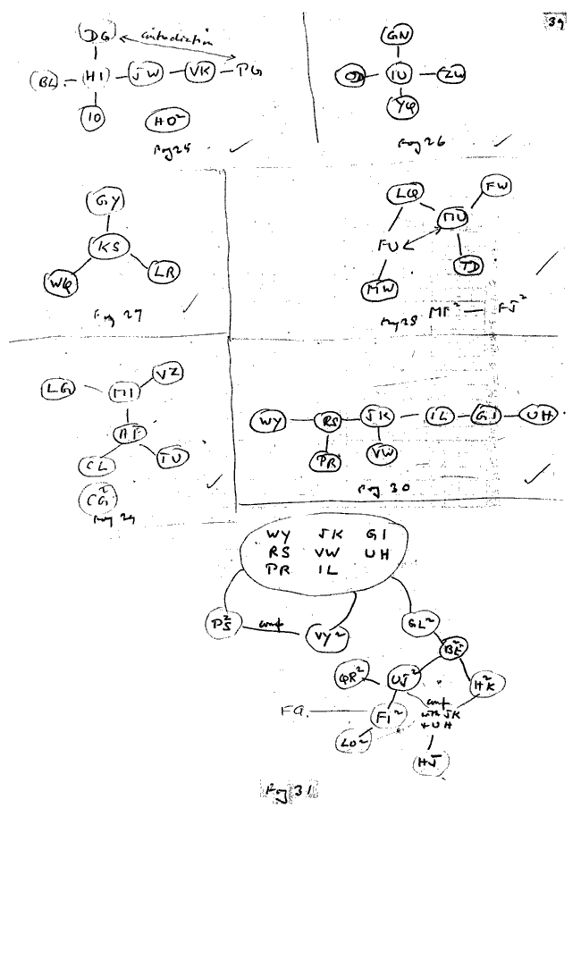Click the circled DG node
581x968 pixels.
[x=95, y=35]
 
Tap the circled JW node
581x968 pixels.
[x=146, y=74]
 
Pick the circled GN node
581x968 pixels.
[x=397, y=37]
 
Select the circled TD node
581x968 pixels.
[x=466, y=265]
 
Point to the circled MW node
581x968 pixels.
[x=382, y=290]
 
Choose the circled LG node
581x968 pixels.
[x=60, y=387]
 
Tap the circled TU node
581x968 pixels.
[x=173, y=458]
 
